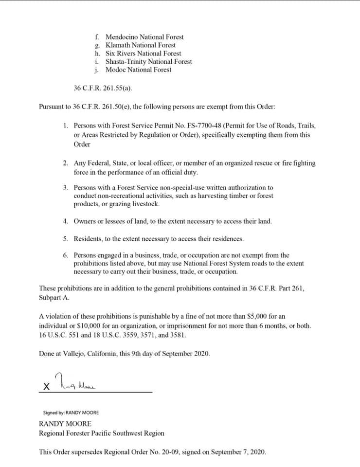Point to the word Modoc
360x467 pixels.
[x=115, y=70]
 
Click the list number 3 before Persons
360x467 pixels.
[x=65, y=187]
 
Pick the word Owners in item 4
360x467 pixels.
[x=85, y=221]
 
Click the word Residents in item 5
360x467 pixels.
[x=88, y=239]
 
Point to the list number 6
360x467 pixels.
[x=65, y=255]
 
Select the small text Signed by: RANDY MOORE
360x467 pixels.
[x=71, y=413]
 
